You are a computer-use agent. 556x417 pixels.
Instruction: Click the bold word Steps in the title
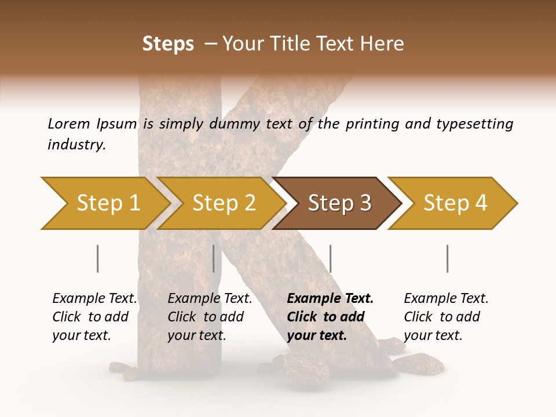tap(168, 44)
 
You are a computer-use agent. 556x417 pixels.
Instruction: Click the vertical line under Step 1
tap(97, 258)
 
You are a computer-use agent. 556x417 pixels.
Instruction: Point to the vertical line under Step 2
tap(214, 258)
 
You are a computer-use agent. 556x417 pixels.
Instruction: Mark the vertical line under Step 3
tap(330, 258)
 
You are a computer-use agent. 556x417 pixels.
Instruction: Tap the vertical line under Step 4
tap(447, 258)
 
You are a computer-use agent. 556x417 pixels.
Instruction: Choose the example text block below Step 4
tap(446, 317)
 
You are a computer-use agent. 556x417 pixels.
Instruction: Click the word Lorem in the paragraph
tap(69, 124)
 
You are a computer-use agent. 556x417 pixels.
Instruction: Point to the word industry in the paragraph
tap(76, 145)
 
